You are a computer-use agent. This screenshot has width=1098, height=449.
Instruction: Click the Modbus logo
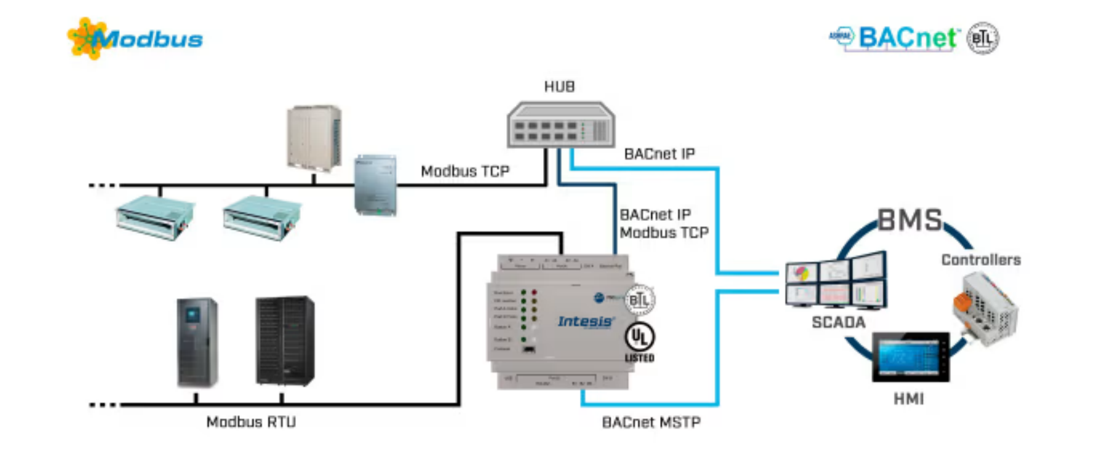(135, 39)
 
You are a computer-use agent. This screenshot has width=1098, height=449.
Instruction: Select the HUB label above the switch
(559, 87)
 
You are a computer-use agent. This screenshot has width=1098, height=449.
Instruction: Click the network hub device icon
(560, 125)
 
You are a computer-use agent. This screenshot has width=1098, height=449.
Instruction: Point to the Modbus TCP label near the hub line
(465, 171)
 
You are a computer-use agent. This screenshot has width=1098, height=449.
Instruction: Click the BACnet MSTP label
(651, 423)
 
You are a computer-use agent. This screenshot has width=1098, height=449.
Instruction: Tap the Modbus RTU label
(251, 422)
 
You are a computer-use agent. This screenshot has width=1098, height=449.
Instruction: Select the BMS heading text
(909, 220)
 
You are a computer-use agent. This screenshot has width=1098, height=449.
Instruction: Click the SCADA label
(838, 322)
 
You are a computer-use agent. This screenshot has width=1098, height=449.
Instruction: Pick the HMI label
(909, 399)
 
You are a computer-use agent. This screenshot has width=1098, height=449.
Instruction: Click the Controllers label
(981, 260)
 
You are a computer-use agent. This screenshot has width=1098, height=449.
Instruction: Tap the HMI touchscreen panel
(910, 357)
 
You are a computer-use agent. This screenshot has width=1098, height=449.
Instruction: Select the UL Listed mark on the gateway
(640, 341)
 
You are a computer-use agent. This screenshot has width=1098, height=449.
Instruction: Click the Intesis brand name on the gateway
(585, 322)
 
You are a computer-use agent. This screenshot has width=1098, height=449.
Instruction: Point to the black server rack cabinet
(285, 341)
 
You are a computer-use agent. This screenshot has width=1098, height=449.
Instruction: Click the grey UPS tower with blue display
(197, 342)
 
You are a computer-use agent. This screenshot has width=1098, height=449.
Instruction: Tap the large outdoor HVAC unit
(314, 137)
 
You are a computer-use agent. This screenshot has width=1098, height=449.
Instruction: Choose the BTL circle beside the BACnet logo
(982, 38)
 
